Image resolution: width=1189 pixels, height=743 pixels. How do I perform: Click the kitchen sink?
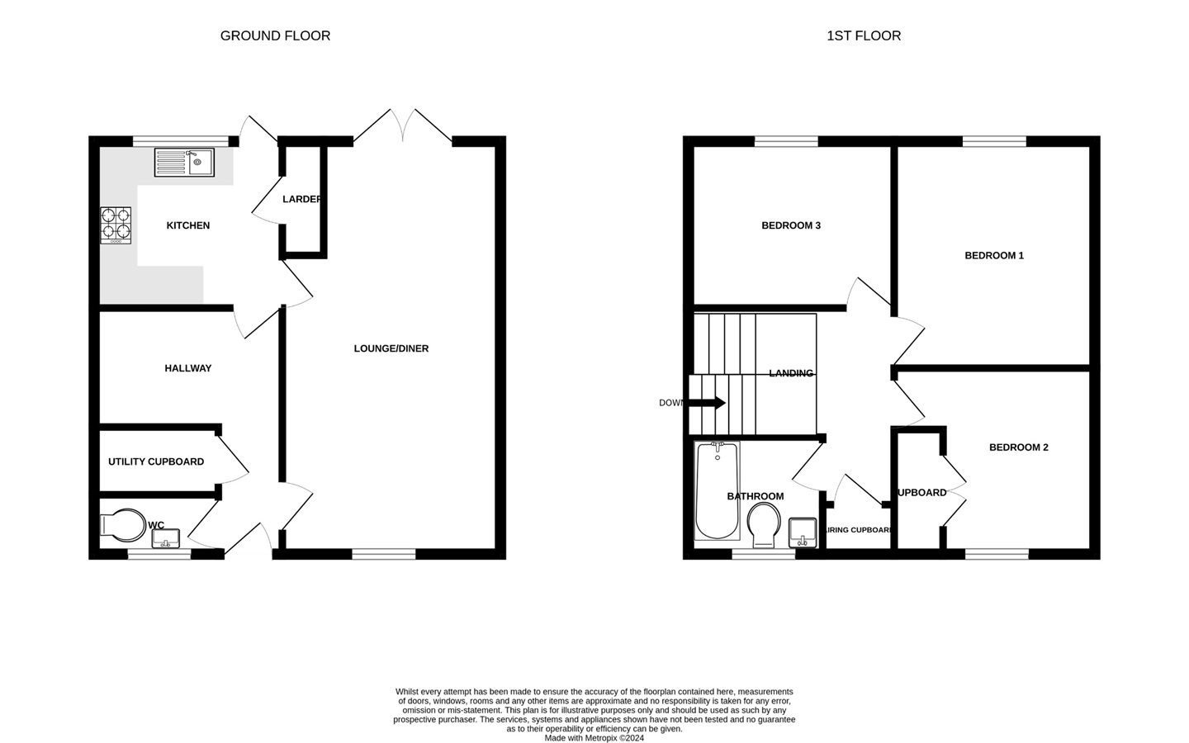pyautogui.click(x=183, y=162)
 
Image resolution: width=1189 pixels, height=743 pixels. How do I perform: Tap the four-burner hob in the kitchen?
pyautogui.click(x=116, y=225)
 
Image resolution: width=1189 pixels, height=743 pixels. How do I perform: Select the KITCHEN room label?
pyautogui.click(x=188, y=225)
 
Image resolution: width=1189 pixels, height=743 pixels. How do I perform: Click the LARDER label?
pyautogui.click(x=301, y=199)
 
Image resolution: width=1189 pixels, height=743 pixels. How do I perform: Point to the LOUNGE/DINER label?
pyautogui.click(x=391, y=348)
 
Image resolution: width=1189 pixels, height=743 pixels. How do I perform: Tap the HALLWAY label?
pyautogui.click(x=188, y=368)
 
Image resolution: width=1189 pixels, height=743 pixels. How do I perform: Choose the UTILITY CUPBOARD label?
pyautogui.click(x=156, y=461)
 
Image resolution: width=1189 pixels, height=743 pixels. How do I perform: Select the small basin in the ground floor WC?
pyautogui.click(x=166, y=538)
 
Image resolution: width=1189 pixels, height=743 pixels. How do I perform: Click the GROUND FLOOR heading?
pyautogui.click(x=275, y=35)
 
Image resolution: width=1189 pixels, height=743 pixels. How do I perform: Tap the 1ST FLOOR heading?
pyautogui.click(x=864, y=35)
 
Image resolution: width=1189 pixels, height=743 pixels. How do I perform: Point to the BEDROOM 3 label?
pyautogui.click(x=791, y=225)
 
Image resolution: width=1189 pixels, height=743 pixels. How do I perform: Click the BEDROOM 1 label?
pyautogui.click(x=994, y=255)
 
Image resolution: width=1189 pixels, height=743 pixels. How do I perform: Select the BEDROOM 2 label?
pyautogui.click(x=1019, y=447)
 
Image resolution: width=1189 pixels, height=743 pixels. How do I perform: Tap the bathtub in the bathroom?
pyautogui.click(x=717, y=491)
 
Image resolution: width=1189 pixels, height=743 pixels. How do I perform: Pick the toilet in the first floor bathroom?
pyautogui.click(x=764, y=525)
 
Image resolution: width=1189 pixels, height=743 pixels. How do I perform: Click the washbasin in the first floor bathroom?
pyautogui.click(x=803, y=532)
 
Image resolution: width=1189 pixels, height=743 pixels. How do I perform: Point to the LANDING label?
pyautogui.click(x=791, y=373)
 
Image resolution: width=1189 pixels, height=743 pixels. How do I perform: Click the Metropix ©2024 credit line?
pyautogui.click(x=594, y=738)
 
